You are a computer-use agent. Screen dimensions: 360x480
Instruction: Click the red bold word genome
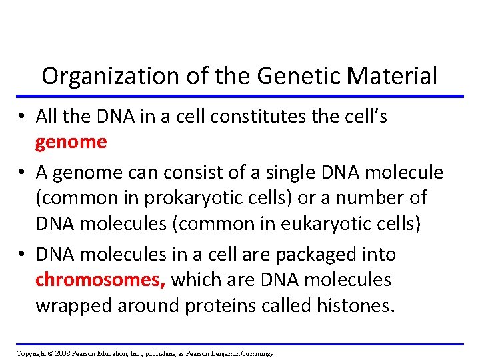(x=71, y=141)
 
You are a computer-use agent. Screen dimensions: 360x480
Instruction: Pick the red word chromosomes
(x=100, y=279)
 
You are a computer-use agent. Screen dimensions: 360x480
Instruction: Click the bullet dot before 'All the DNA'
(x=22, y=117)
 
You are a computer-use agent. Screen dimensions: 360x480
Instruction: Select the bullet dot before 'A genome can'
(x=22, y=173)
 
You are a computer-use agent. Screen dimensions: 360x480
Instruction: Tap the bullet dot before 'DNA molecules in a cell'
(x=22, y=255)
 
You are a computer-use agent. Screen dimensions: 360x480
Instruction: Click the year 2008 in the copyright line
(x=60, y=353)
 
